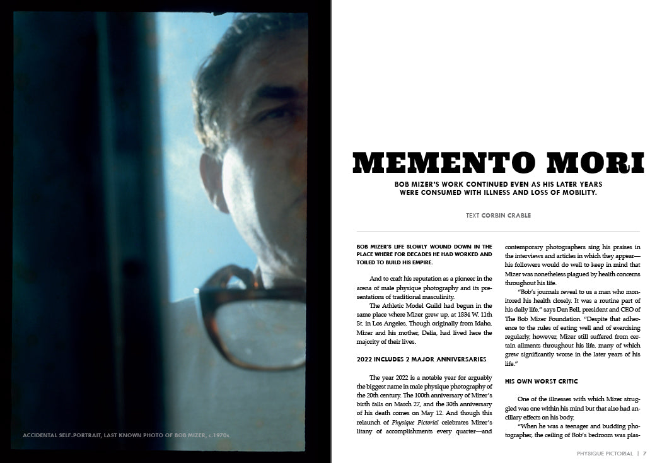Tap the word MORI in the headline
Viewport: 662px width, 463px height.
click(x=597, y=163)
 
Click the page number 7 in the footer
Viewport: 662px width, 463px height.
click(x=645, y=452)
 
